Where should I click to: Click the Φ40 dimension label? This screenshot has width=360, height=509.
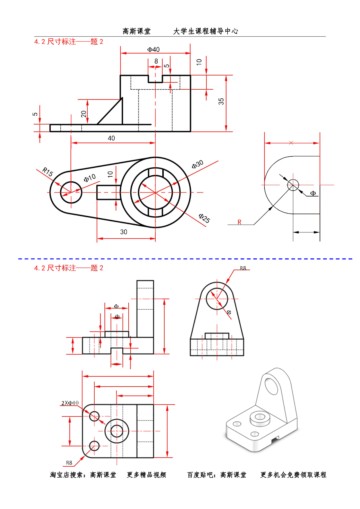point(153,50)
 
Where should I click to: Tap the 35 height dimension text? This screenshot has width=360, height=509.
point(221,101)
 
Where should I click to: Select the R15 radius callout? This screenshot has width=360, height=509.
point(48,172)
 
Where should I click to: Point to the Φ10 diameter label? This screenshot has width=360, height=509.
point(90,178)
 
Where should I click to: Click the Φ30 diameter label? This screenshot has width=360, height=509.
point(197,165)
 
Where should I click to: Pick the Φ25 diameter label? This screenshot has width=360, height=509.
point(204,218)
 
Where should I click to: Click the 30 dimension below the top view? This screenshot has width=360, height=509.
point(124,232)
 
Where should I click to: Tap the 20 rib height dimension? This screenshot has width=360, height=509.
point(84,114)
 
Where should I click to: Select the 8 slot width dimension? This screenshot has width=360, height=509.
point(156,61)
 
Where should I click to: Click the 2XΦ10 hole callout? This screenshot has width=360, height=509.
point(70,403)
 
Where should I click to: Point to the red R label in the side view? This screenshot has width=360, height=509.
point(240,222)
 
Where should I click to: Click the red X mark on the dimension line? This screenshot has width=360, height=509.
point(291,143)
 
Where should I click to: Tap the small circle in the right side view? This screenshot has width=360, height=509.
point(293,185)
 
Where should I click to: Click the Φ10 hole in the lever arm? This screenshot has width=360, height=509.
point(71,192)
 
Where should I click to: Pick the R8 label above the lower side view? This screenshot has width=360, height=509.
point(243,268)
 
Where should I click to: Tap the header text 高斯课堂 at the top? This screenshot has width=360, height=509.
point(136,31)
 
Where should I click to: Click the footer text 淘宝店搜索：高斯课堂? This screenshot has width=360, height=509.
point(83,475)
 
